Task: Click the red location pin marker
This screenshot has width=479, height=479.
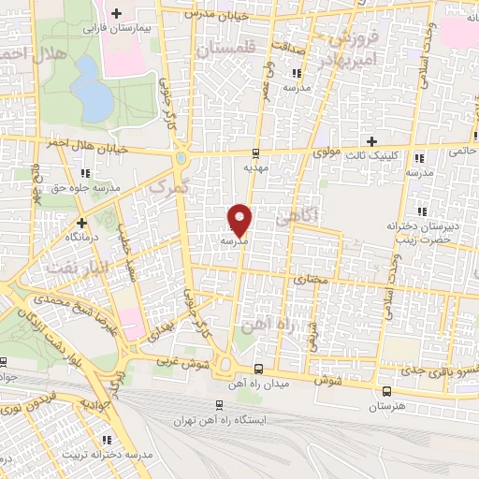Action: pyautogui.click(x=240, y=220)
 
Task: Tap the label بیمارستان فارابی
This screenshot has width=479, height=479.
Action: pyautogui.click(x=116, y=29)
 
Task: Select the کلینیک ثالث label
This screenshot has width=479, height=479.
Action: pyautogui.click(x=372, y=155)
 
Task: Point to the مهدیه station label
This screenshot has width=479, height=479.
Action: pyautogui.click(x=256, y=168)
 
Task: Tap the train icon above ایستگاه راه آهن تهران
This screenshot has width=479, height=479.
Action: pyautogui.click(x=220, y=406)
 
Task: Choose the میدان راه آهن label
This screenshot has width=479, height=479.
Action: pyautogui.click(x=256, y=384)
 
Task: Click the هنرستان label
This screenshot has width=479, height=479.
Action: pyautogui.click(x=386, y=407)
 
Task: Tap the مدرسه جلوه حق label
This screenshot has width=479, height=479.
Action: pyautogui.click(x=87, y=188)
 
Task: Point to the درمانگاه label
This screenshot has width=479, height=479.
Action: pyautogui.click(x=82, y=238)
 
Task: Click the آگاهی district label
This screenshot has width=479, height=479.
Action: pyautogui.click(x=298, y=218)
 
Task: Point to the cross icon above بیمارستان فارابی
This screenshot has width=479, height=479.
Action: pyautogui.click(x=116, y=14)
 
